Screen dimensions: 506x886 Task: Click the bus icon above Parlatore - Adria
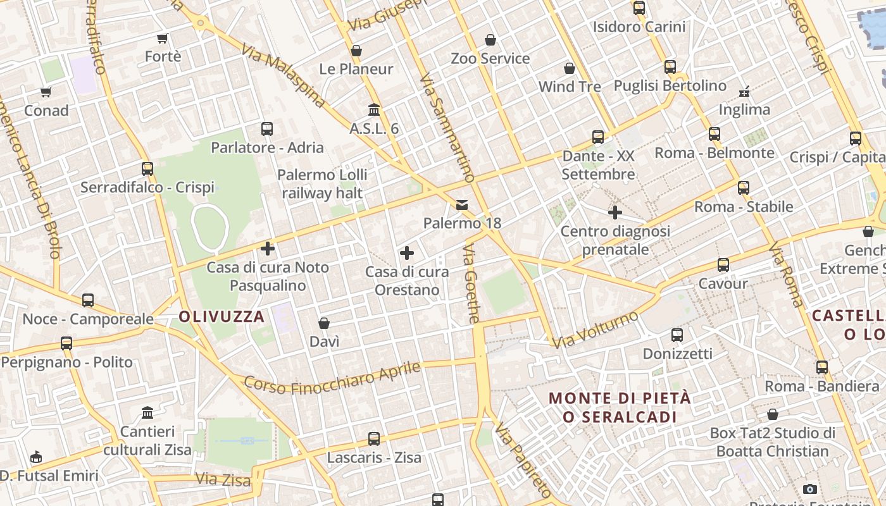pos(267,129)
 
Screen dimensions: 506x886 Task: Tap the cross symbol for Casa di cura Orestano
pos(407,254)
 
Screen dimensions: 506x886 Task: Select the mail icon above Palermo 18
pos(462,204)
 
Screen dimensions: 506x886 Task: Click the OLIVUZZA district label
pos(221,317)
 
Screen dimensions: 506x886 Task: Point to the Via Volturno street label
pos(595,330)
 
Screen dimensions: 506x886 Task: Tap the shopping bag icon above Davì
pos(324,323)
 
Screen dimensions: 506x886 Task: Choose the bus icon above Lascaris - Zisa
pos(374,438)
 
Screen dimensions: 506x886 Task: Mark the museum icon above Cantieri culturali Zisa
pos(147,413)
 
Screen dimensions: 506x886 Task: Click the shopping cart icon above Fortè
pos(163,38)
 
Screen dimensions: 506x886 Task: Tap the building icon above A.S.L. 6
pos(374,110)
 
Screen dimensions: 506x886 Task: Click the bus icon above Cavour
pos(723,265)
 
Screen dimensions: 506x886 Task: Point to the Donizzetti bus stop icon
pos(677,335)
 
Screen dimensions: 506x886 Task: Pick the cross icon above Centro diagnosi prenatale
pos(615,213)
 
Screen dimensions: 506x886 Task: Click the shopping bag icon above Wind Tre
pos(570,68)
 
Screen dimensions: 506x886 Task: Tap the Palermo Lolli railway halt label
pos(322,183)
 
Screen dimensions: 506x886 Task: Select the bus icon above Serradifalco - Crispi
pos(147,169)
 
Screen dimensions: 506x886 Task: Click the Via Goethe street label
pos(472,285)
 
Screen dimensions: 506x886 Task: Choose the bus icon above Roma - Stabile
pos(744,188)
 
